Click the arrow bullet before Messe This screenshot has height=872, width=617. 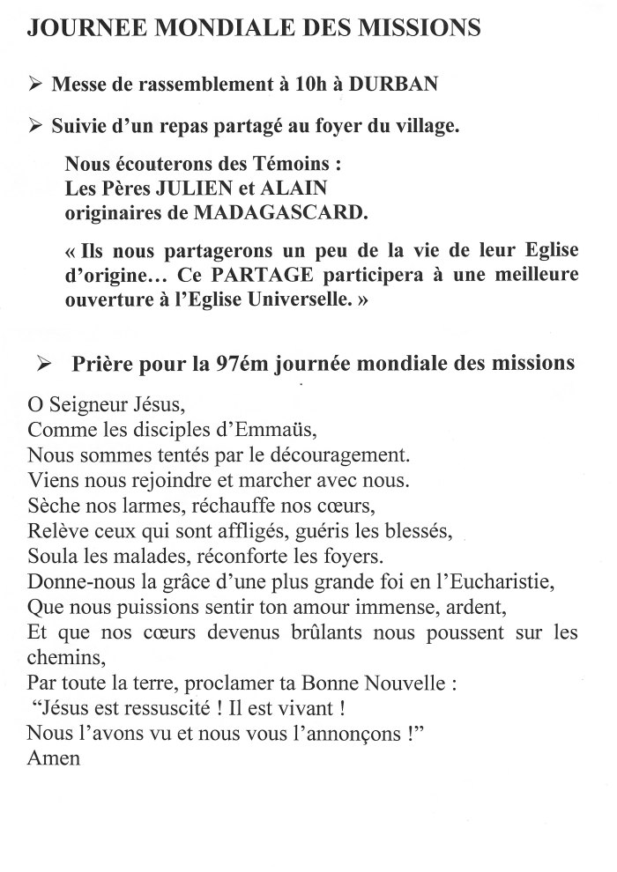(35, 85)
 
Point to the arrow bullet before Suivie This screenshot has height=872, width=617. (35, 127)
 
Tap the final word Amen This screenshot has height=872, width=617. (54, 757)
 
